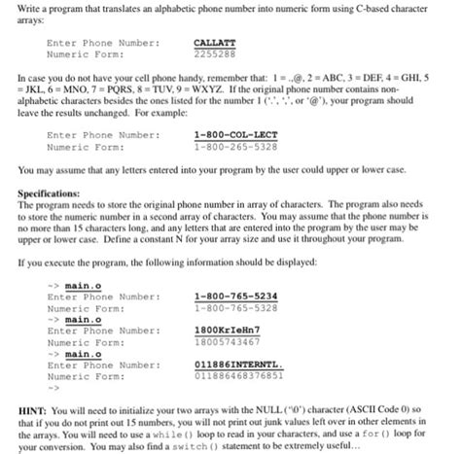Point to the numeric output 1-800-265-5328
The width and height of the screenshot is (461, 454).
click(235, 147)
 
